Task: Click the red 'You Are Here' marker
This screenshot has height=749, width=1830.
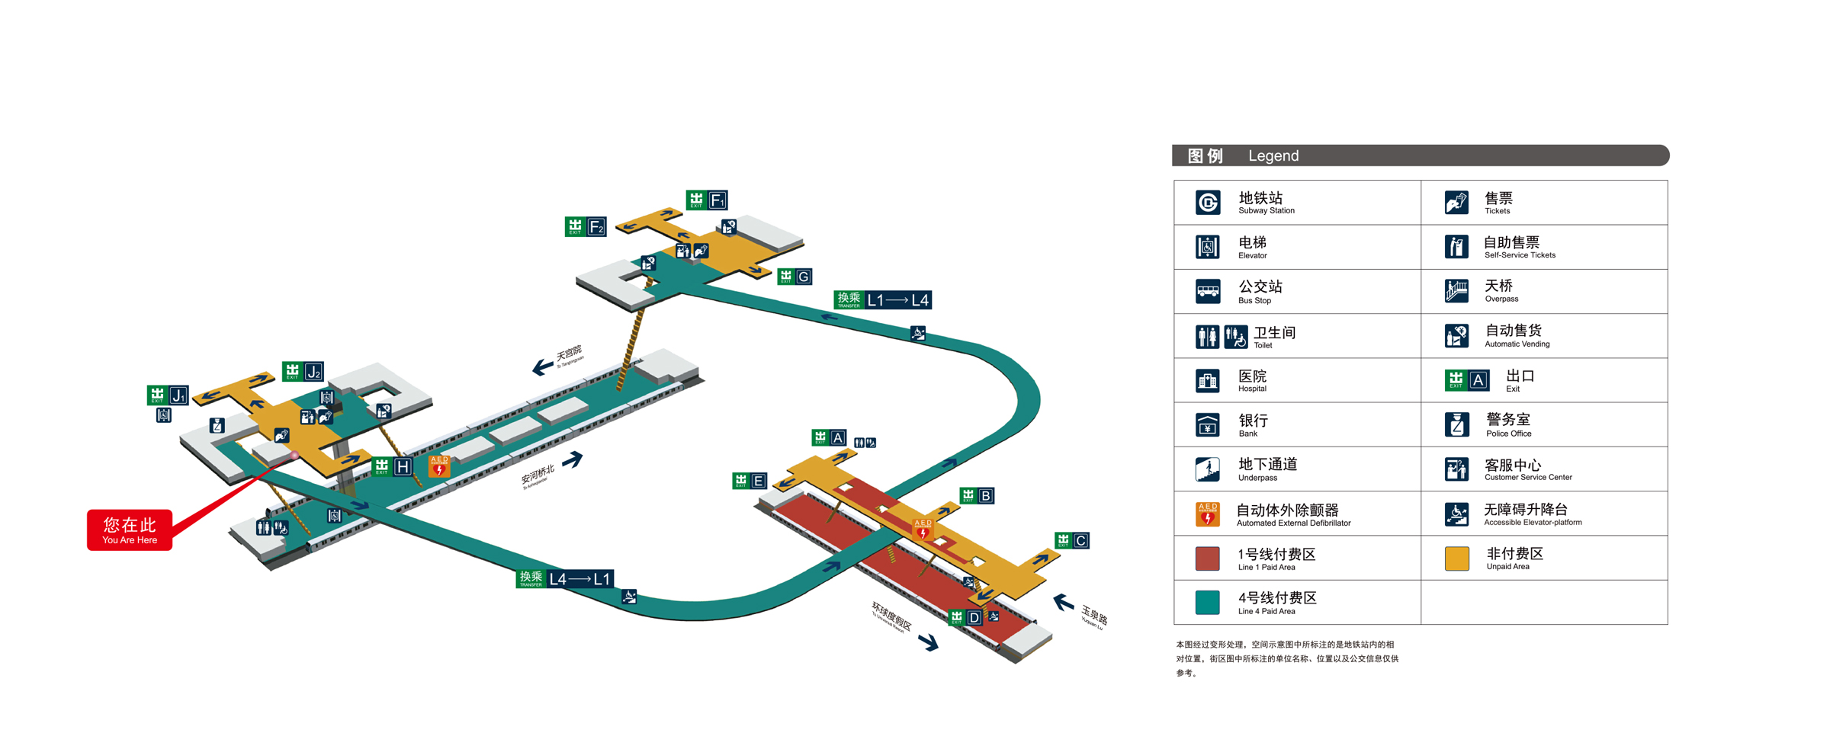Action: coord(130,530)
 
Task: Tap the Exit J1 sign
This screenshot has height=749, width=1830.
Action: coord(168,395)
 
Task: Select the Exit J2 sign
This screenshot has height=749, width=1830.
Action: coord(303,372)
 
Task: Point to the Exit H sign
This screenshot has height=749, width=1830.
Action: coord(393,466)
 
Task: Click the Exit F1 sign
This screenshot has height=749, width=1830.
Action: coord(707,200)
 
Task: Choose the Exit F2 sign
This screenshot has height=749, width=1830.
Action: coord(586,226)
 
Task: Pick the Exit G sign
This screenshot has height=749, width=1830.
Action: coord(795,277)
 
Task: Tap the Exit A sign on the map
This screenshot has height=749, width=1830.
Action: coord(829,437)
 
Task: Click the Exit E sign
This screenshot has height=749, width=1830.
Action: coord(750,481)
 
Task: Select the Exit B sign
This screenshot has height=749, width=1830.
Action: coord(977,496)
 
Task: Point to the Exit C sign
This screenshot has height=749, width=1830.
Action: coord(1071,540)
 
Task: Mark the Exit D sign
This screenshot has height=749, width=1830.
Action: coord(965,617)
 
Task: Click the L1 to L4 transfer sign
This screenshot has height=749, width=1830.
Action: coord(883,300)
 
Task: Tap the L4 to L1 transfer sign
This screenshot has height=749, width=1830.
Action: coord(565,579)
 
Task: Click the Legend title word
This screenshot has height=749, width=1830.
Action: coord(1273,156)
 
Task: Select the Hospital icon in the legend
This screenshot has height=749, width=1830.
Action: coord(1208,380)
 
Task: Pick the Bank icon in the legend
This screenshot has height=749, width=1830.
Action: coord(1208,424)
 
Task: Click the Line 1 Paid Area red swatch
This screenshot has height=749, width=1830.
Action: coord(1208,559)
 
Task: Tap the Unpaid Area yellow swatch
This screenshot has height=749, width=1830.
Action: coord(1456,559)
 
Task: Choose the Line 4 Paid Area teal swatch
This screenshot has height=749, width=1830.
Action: coord(1208,603)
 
